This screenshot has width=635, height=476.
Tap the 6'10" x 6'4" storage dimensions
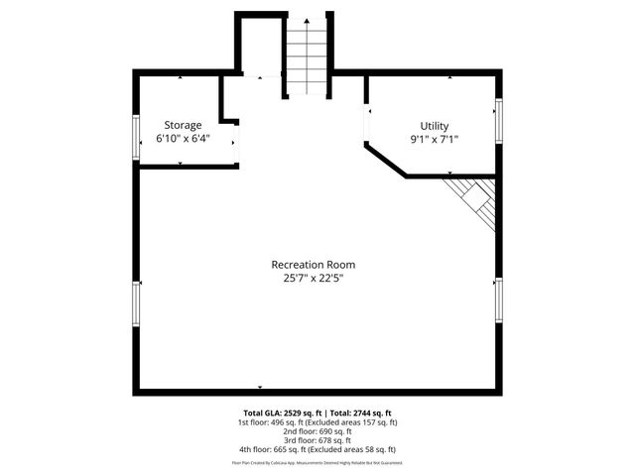pos(183,139)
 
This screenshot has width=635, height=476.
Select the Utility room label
pos(435,126)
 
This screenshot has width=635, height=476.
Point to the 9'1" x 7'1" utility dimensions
pos(435,140)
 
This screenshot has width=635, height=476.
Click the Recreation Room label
pos(314,265)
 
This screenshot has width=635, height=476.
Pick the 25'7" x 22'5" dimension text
pos(314,279)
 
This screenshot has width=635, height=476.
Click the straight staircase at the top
pos(307,58)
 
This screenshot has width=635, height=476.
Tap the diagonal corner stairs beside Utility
pos(473,195)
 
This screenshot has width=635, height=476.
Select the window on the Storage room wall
pos(136,136)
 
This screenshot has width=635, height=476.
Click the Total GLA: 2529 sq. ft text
pos(280,413)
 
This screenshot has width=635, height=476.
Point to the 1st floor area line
pos(317,422)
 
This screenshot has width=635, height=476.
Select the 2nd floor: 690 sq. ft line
pos(317,431)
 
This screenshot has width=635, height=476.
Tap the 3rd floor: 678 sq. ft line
pos(317,440)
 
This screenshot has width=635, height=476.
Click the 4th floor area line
pos(317,449)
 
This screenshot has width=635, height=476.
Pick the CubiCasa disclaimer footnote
pos(317,462)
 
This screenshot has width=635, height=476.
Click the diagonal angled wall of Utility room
pos(386,162)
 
